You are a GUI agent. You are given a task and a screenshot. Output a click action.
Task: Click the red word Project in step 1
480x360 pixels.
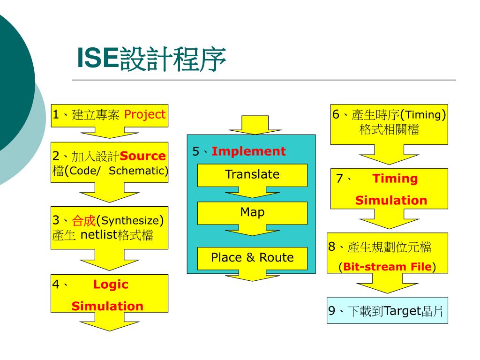(145, 114)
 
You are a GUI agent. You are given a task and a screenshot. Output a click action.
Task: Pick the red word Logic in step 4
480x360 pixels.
(111, 285)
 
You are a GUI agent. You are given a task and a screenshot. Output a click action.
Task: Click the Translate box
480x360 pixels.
(252, 175)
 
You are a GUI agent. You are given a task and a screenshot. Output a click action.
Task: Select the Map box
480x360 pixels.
(252, 213)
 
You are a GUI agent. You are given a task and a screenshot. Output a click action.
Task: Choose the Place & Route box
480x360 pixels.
(252, 258)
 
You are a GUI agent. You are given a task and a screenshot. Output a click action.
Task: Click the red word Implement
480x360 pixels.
(248, 151)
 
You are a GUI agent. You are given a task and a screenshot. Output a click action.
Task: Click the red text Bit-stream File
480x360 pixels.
(387, 267)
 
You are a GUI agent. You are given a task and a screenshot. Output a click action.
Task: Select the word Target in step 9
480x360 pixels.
(403, 311)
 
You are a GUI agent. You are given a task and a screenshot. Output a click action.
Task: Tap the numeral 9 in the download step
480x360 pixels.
(332, 311)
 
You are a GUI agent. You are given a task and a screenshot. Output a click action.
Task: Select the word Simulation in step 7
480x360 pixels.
(391, 201)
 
